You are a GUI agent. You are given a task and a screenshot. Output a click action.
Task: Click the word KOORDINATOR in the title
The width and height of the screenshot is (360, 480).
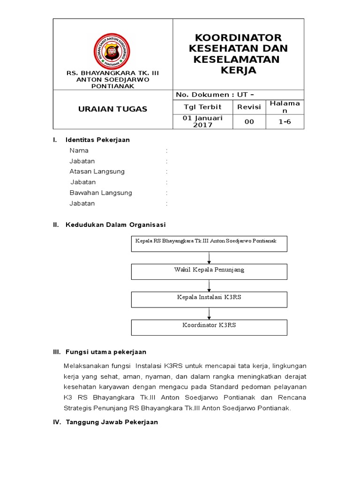click(238, 37)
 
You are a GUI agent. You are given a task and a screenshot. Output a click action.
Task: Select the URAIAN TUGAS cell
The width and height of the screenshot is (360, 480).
click(112, 109)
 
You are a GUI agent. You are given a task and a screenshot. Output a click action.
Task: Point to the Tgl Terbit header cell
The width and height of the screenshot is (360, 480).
click(202, 107)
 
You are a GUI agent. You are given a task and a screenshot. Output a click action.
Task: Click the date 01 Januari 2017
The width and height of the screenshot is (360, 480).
click(202, 121)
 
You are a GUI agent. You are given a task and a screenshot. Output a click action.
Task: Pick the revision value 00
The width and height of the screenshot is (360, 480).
click(249, 122)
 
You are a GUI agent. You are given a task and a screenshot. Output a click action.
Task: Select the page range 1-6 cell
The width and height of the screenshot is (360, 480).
click(285, 122)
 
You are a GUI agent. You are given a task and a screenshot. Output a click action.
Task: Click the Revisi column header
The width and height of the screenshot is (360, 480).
click(249, 107)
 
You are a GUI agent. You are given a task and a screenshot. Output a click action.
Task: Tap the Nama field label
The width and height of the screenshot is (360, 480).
click(79, 150)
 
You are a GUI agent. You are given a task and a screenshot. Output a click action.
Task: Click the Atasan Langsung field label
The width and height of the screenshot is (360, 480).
click(97, 172)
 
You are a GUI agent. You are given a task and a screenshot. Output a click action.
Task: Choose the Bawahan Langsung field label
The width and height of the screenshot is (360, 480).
click(101, 193)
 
